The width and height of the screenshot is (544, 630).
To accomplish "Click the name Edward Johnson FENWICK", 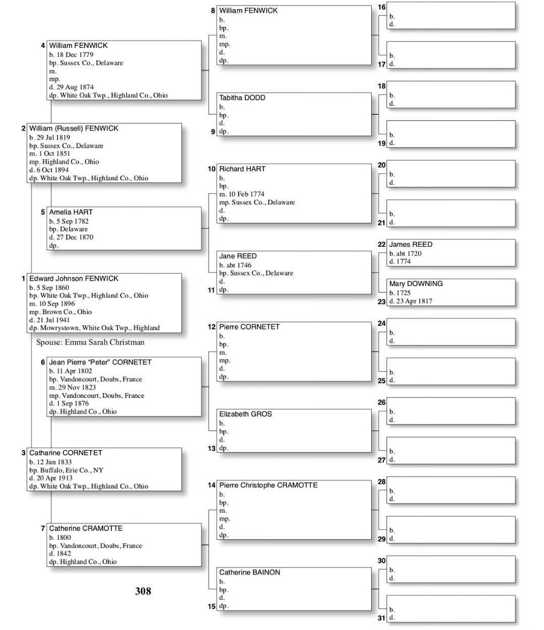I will tap(74, 278).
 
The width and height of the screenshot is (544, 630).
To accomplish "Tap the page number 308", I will tap(143, 591).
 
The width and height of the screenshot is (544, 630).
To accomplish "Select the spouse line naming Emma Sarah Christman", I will tap(90, 342).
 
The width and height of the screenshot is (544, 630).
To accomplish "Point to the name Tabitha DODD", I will tap(242, 98).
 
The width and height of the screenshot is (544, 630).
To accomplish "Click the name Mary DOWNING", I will tap(416, 284).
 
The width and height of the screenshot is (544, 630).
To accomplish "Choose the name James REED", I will tap(411, 244).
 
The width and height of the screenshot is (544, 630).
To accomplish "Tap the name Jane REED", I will tap(238, 256).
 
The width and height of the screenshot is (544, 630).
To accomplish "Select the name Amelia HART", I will tap(71, 212).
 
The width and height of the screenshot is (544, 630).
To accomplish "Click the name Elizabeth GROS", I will tap(245, 414).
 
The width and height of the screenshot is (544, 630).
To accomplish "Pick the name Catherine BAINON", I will tap(249, 572).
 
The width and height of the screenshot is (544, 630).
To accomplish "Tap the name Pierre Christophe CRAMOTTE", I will tap(268, 485).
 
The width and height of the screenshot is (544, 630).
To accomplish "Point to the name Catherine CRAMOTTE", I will tap(86, 528).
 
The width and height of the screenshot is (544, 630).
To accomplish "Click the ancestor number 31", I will tap(381, 618).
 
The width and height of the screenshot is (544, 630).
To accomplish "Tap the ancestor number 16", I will tap(381, 7).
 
